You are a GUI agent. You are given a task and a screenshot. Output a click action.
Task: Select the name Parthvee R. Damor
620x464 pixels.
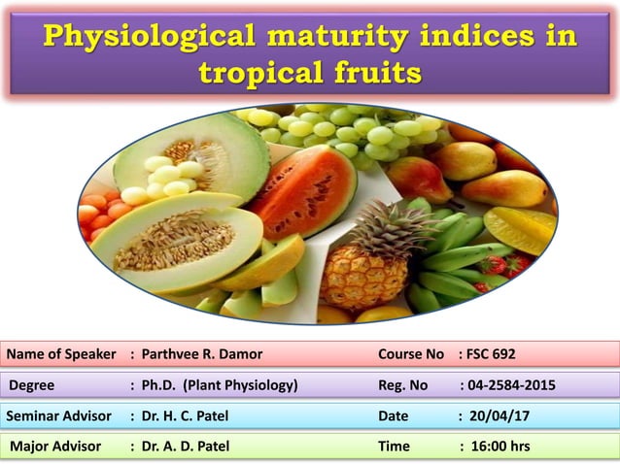(201, 353)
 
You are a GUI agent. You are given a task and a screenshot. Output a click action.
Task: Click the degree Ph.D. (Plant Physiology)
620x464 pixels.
(220, 385)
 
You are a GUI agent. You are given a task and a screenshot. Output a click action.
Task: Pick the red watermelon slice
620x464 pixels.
(309, 189)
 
